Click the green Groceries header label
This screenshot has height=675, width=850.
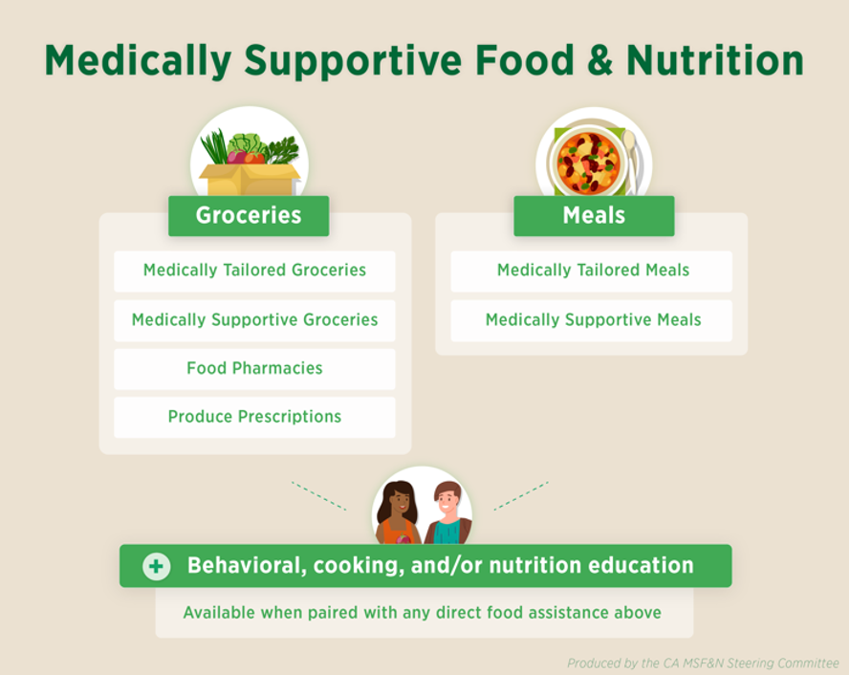[249, 216]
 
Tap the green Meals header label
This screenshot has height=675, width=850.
[594, 216]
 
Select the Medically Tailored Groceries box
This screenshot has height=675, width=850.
[254, 272]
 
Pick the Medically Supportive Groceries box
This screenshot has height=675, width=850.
[254, 320]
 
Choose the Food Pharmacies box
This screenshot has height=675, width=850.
[254, 369]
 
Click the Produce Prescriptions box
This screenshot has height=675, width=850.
[254, 417]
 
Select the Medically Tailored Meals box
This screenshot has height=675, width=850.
[592, 272]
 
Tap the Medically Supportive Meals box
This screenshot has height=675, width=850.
[592, 320]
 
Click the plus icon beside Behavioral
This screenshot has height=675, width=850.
[156, 567]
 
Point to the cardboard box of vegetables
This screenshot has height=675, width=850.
[250, 179]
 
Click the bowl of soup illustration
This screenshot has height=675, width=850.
[588, 162]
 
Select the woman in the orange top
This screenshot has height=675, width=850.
[399, 512]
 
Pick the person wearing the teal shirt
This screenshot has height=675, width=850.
[447, 512]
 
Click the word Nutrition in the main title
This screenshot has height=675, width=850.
[715, 60]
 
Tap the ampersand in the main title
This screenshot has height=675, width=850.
[599, 60]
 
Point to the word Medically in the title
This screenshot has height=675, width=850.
[139, 61]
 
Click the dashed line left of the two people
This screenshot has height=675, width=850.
[318, 495]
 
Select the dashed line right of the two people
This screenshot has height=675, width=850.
[521, 495]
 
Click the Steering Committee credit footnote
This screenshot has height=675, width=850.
[703, 664]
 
